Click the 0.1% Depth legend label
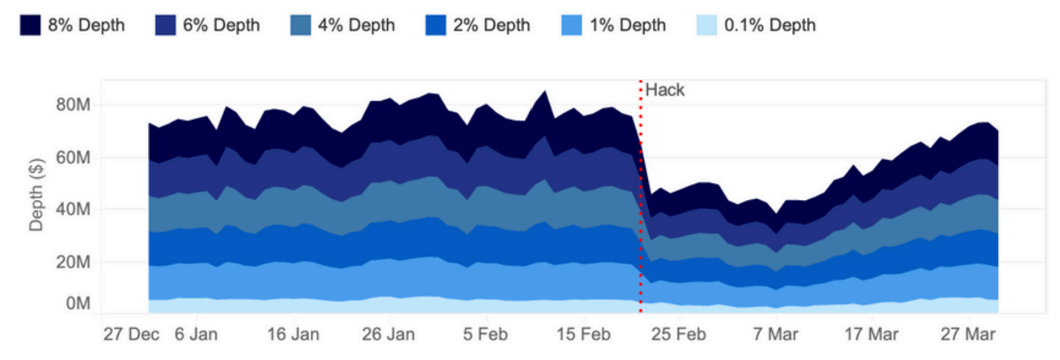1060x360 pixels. (770, 26)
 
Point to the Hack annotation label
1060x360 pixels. (665, 90)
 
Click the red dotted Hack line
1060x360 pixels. (641, 214)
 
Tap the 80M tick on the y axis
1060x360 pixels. (71, 106)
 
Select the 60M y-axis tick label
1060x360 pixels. (71, 158)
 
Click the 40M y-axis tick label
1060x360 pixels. (71, 210)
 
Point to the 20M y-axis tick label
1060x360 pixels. (71, 262)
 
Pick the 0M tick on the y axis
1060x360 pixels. (76, 304)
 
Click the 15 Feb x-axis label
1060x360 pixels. (584, 334)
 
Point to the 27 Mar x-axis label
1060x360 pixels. (970, 334)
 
